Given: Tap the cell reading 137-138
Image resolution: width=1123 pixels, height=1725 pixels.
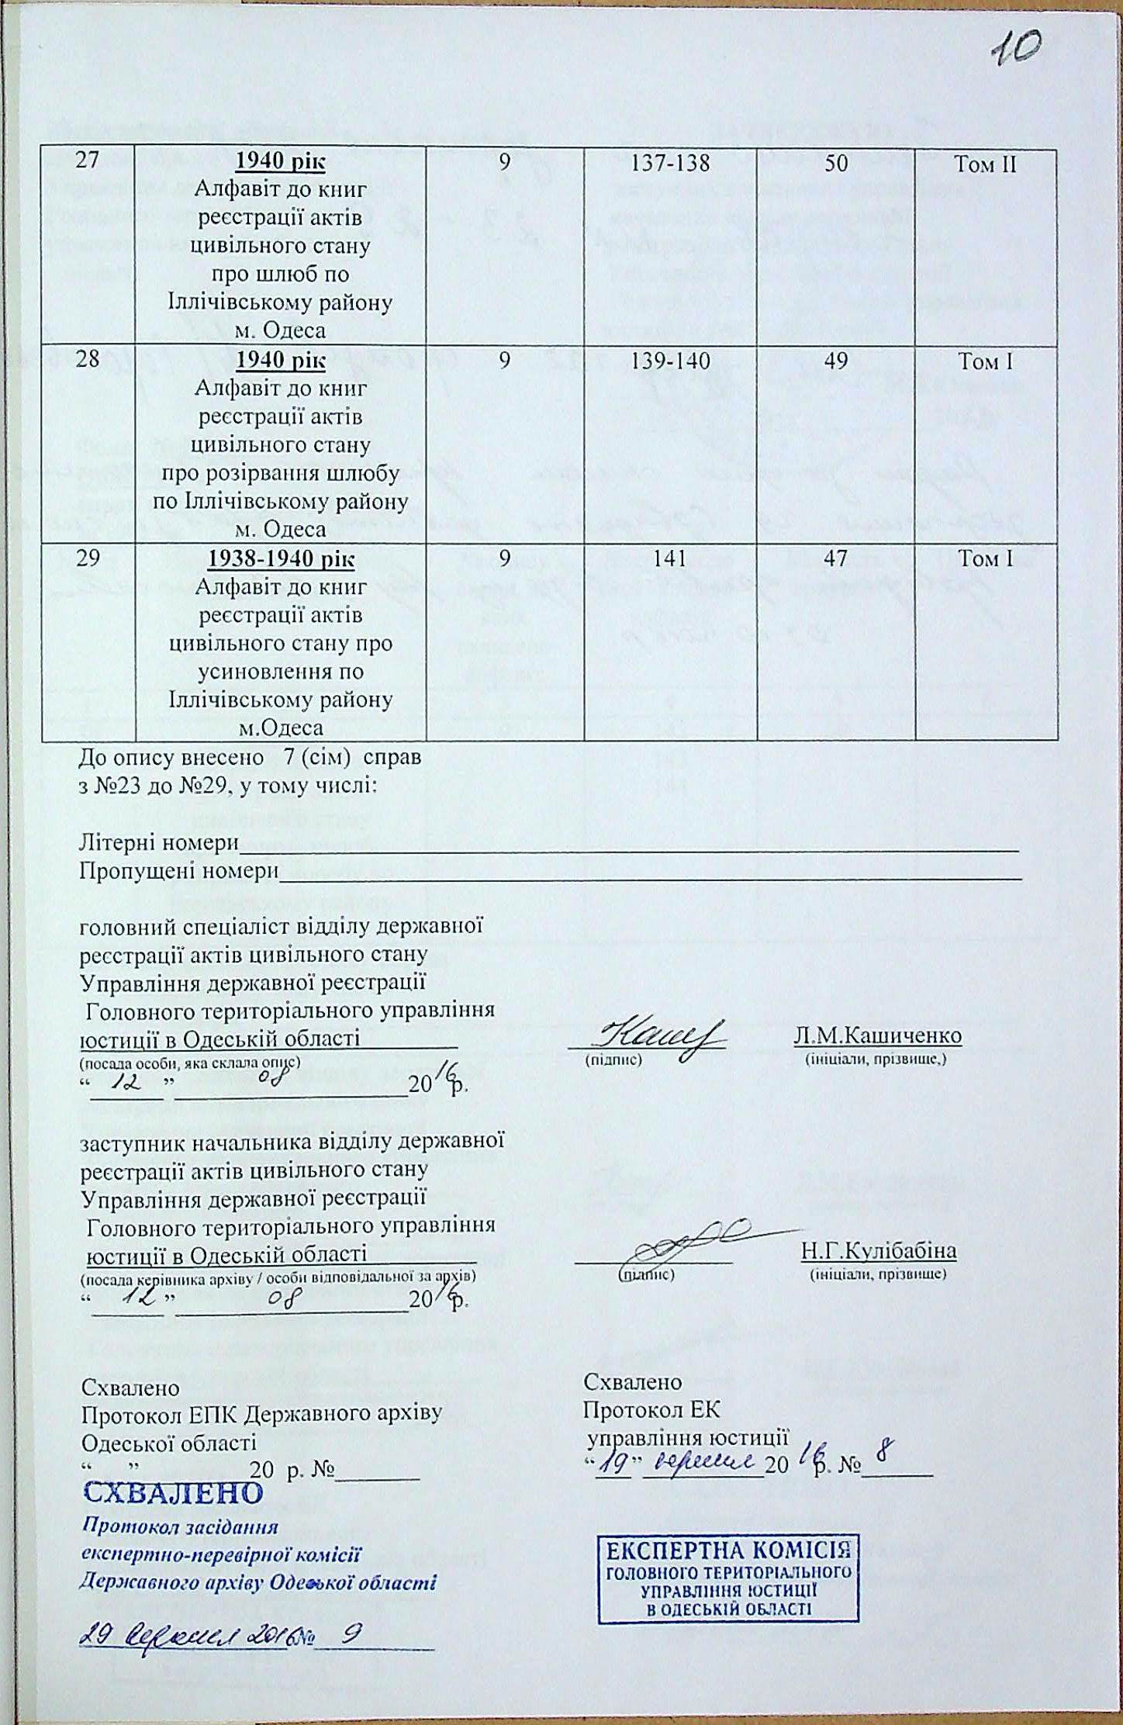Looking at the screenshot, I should click(669, 164).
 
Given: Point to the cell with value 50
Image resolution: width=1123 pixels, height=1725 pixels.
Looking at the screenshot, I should click(835, 164).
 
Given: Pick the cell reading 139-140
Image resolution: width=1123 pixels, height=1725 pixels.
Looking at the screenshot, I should click(669, 361).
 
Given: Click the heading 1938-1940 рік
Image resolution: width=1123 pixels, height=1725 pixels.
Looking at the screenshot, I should click(281, 559).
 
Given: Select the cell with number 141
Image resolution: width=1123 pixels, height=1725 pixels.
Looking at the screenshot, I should click(669, 559).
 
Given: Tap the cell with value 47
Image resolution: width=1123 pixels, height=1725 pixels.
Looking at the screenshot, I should click(835, 559).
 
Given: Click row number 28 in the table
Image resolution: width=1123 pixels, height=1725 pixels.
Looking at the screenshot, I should click(88, 361).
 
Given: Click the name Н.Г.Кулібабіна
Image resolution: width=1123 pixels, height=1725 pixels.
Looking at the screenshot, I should click(879, 1251).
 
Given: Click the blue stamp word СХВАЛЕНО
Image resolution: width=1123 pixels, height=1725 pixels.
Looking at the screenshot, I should click(172, 1492).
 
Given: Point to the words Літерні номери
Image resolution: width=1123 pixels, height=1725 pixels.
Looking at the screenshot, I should click(158, 843).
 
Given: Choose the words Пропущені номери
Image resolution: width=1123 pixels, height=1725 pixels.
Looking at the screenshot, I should click(179, 871).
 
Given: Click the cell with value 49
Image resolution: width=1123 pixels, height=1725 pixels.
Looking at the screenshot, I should click(835, 361).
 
